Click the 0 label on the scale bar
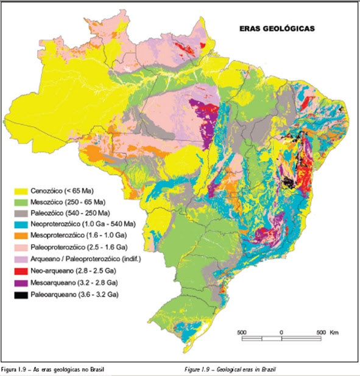click(x=281, y=332)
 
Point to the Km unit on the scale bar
click(x=334, y=332)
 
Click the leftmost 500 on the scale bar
click(x=241, y=332)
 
